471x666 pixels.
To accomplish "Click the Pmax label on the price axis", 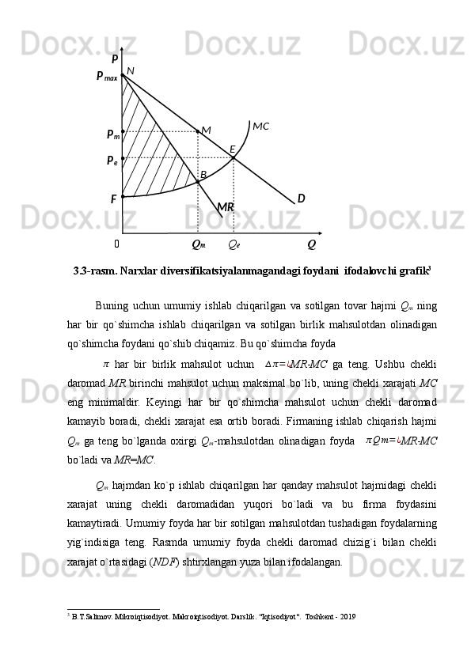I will pyautogui.click(x=107, y=77).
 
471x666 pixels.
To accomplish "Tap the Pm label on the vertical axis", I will pyautogui.click(x=112, y=134).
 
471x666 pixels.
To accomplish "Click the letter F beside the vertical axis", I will pyautogui.click(x=114, y=199).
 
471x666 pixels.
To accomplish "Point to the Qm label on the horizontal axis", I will pyautogui.click(x=199, y=244).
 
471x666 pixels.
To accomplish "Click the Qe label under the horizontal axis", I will pyautogui.click(x=234, y=244).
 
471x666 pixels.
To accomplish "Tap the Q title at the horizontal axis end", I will pyautogui.click(x=311, y=244).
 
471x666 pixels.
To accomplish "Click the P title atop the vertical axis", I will pyautogui.click(x=115, y=59).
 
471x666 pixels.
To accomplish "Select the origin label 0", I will pyautogui.click(x=116, y=244).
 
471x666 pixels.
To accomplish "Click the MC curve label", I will pyautogui.click(x=260, y=126).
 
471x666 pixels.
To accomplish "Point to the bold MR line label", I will pyautogui.click(x=226, y=207).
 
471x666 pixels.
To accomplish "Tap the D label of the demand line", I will pyautogui.click(x=301, y=198).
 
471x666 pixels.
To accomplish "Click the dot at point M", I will pyautogui.click(x=198, y=131).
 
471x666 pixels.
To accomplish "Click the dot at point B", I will pyautogui.click(x=198, y=182).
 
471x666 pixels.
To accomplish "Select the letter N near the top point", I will pyautogui.click(x=131, y=70).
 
